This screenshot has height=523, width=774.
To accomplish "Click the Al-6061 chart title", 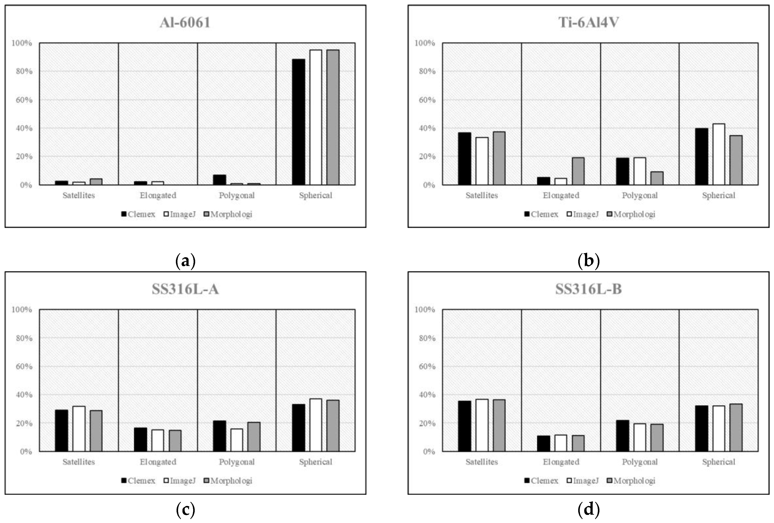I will click(185, 23).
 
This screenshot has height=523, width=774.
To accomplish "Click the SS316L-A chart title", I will click(185, 289).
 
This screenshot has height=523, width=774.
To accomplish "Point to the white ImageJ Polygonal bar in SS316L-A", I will click(236, 440).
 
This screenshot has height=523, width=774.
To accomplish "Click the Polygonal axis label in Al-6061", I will click(236, 195).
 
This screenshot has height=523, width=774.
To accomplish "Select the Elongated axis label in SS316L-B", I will click(561, 462).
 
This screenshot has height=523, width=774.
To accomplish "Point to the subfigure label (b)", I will click(588, 260).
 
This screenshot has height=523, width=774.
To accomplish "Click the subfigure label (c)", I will click(185, 509).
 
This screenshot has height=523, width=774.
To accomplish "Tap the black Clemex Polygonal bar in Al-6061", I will click(219, 180).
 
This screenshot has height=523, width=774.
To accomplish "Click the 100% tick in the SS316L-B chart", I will click(425, 310).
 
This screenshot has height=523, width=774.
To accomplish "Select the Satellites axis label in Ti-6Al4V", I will click(482, 195).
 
